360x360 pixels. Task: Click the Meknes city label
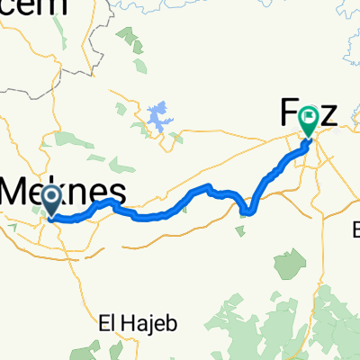click(x=63, y=191)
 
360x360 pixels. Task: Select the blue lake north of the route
click(x=158, y=115)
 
